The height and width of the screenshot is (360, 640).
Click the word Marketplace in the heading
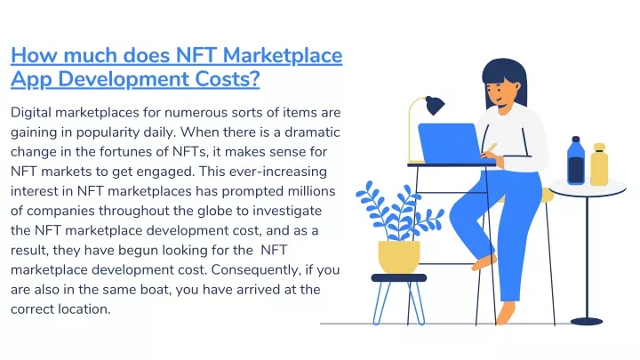point(283,55)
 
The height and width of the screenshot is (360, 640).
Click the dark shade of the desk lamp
point(435,105)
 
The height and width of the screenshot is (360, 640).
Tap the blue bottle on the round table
point(575,160)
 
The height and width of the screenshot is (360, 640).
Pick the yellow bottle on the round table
point(599,164)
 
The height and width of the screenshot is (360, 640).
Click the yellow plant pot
point(399,257)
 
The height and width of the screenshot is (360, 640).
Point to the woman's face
point(500,94)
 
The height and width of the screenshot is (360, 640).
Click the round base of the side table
point(587,322)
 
